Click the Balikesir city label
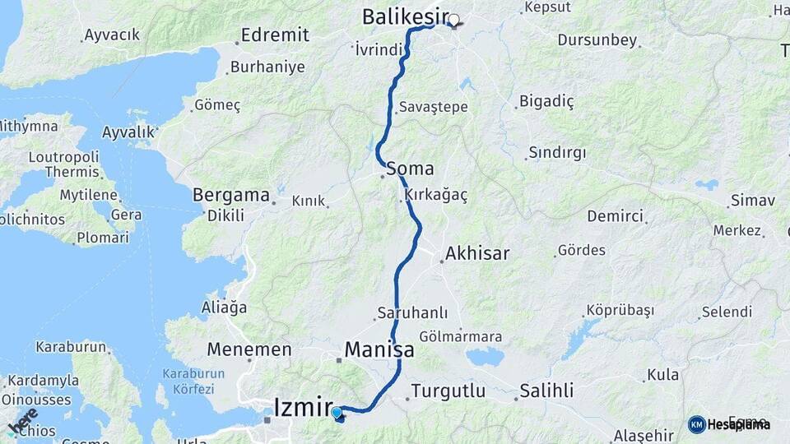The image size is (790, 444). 406,16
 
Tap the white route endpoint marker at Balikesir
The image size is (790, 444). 453,19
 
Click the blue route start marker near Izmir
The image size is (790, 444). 337,412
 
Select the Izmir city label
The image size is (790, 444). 303,406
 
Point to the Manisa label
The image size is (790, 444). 379,349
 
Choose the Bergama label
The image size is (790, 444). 231,196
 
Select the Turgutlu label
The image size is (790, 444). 448,391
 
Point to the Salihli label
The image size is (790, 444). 546,391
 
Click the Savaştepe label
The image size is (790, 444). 433,107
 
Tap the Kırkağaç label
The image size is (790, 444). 436,196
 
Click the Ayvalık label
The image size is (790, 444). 128,132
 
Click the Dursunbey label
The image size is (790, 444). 597,39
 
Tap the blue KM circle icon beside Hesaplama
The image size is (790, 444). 696,424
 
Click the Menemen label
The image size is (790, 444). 249,349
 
